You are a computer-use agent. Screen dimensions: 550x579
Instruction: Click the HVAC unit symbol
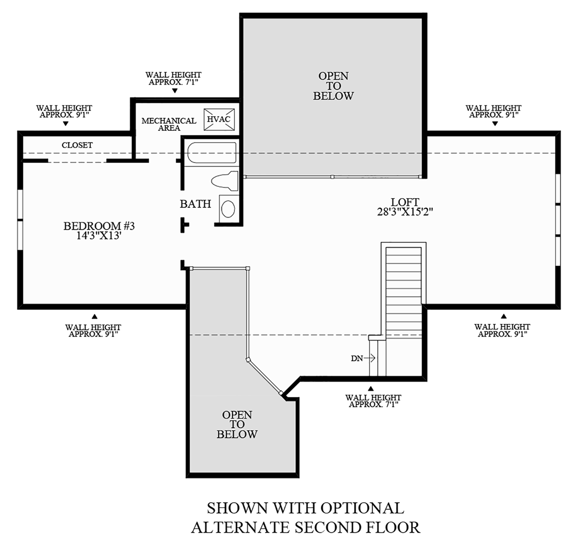pyautogui.click(x=220, y=119)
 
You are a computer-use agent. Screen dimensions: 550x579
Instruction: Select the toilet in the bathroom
pyautogui.click(x=224, y=181)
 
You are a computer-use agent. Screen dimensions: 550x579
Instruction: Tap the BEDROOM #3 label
pyautogui.click(x=98, y=226)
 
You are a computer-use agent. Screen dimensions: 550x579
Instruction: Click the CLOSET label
pyautogui.click(x=77, y=145)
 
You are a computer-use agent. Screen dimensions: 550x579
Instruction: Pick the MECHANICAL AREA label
pyautogui.click(x=169, y=124)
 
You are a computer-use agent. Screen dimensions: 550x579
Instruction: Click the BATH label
pyautogui.click(x=195, y=204)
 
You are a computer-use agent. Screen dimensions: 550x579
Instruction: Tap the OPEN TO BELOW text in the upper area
pyautogui.click(x=334, y=86)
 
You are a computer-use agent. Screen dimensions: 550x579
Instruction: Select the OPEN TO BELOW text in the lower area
pyautogui.click(x=237, y=425)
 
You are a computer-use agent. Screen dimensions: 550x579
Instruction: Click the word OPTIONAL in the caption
pyautogui.click(x=362, y=508)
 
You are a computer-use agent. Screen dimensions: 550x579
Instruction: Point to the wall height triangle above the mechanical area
pyautogui.click(x=174, y=91)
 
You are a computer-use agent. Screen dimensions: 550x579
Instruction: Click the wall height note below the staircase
pyautogui.click(x=373, y=401)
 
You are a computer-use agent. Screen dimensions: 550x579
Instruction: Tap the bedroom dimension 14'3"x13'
pyautogui.click(x=98, y=236)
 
